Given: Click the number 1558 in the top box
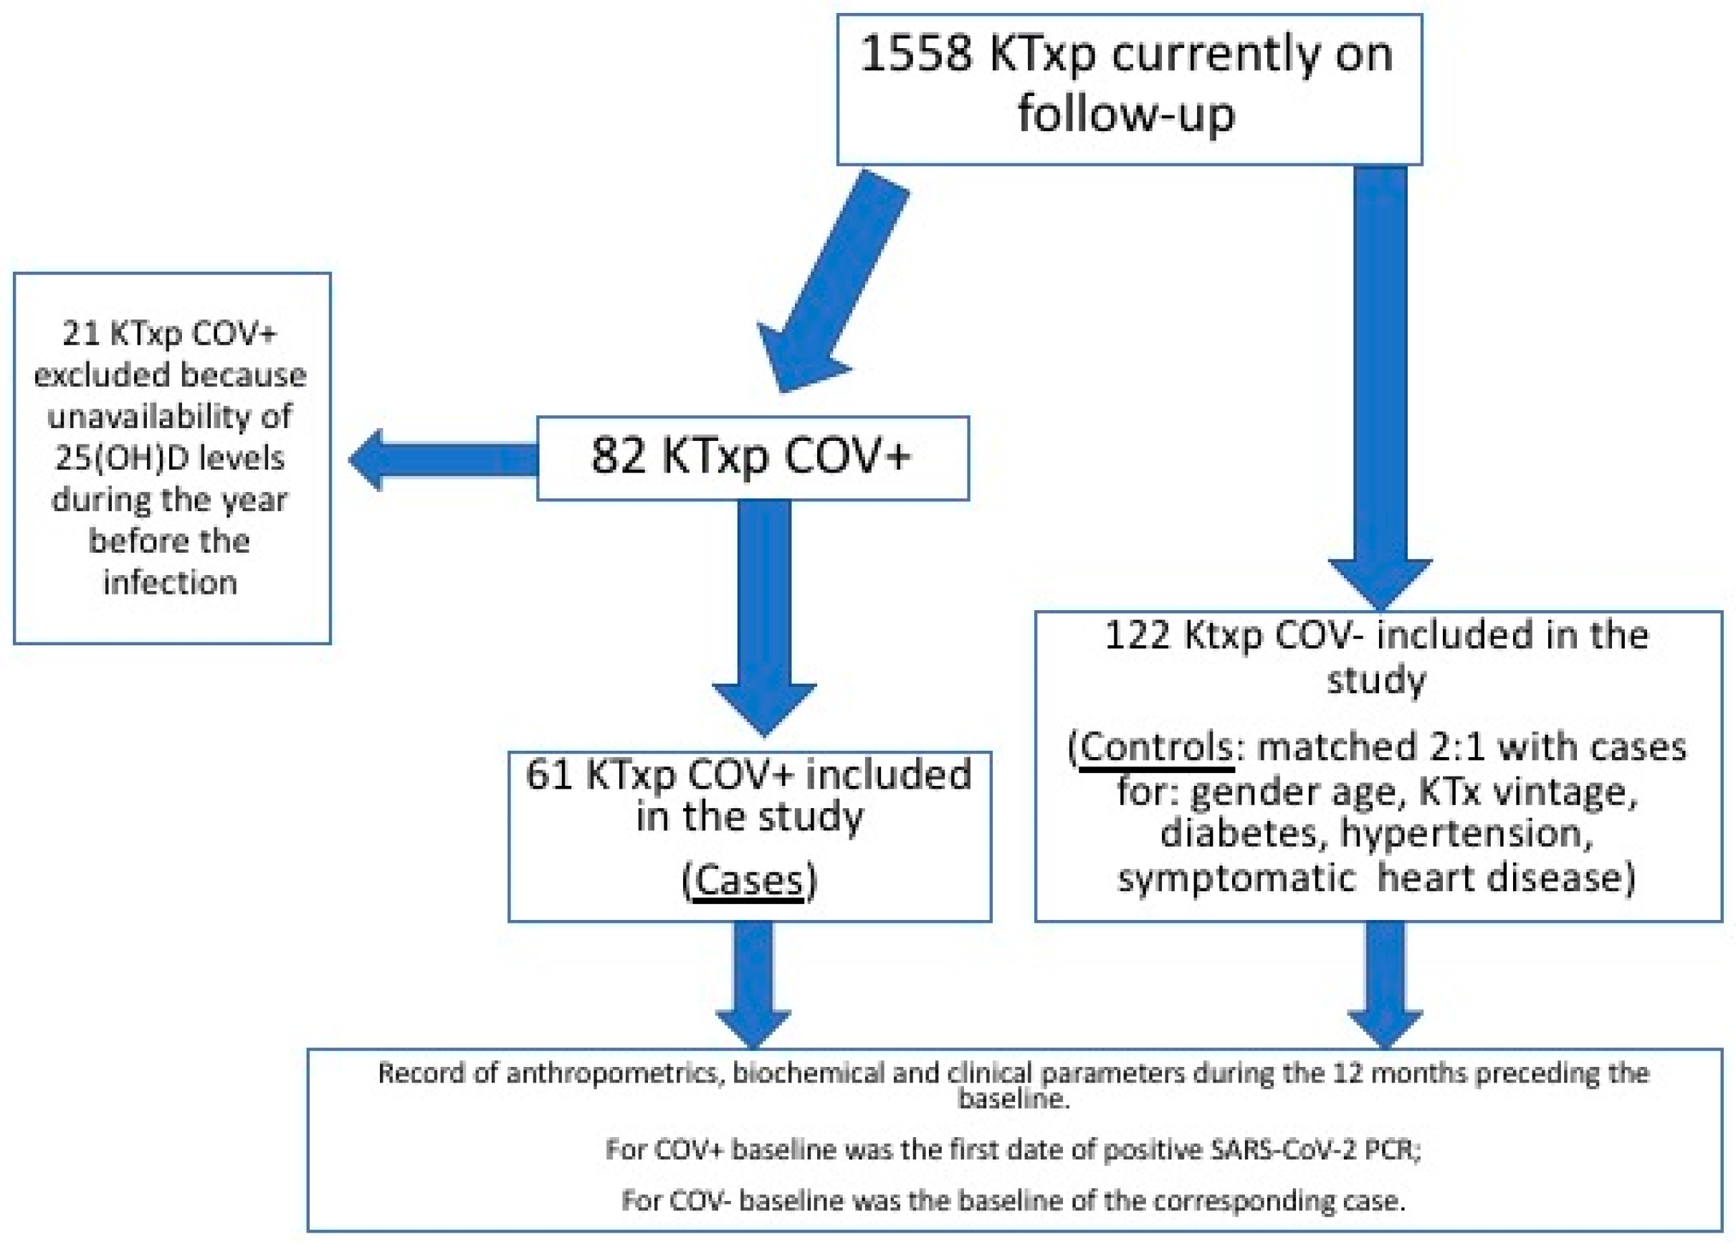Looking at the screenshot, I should (915, 55).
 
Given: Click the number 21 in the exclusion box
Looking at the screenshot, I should (80, 334).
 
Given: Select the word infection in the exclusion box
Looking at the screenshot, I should (170, 584).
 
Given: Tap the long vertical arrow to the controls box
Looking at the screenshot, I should (1379, 383).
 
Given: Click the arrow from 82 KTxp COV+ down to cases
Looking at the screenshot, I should (765, 612).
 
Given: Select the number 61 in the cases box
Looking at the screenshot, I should (549, 775).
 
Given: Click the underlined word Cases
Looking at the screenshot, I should (748, 880).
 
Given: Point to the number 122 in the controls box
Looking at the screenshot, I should (1137, 635).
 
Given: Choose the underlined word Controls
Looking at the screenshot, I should (1156, 747).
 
